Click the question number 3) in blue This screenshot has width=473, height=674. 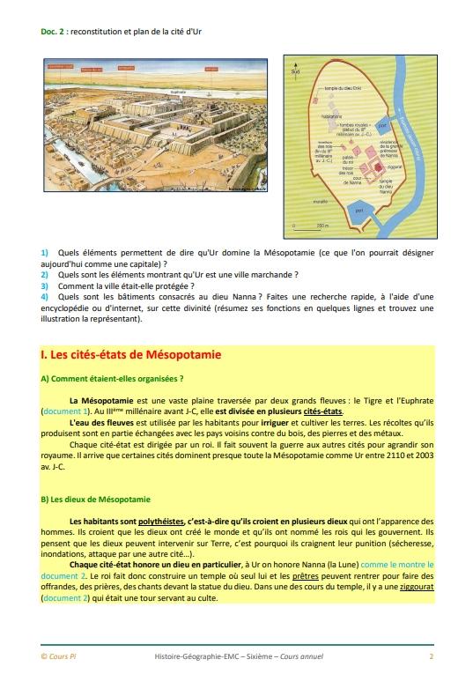44,285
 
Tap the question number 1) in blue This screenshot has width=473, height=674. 44,253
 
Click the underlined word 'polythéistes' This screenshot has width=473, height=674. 148,522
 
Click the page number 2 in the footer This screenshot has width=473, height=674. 431,656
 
